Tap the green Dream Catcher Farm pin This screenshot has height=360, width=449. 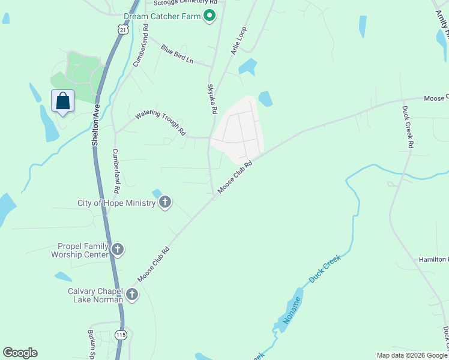tap(209, 16)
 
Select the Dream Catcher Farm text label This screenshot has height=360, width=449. tap(162, 16)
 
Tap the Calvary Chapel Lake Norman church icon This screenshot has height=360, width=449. tap(131, 294)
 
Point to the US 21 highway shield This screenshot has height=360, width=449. tap(123, 29)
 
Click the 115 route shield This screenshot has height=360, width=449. tap(121, 335)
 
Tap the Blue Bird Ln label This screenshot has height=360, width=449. tap(177, 53)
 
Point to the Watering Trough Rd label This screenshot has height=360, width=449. tap(160, 121)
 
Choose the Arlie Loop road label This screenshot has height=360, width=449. tap(239, 41)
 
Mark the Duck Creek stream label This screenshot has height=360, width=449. tap(325, 268)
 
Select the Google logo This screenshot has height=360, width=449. tap(20, 353)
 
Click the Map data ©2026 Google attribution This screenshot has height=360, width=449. tap(411, 355)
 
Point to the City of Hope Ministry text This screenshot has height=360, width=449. tap(116, 203)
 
